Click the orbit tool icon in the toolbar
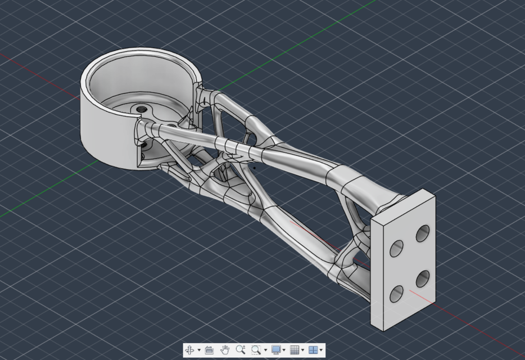click(190, 350)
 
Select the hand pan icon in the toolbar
click(225, 350)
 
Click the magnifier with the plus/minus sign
click(241, 350)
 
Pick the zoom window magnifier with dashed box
click(256, 350)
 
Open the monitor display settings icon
click(276, 350)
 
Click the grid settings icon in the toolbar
click(294, 350)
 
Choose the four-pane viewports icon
click(313, 350)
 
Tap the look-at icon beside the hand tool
click(209, 350)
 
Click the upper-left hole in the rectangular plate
click(397, 248)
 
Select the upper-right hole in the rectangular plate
click(423, 233)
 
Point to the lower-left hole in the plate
click(397, 293)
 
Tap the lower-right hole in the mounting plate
click(423, 278)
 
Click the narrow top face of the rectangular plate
click(402, 205)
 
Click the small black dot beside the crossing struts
click(254, 166)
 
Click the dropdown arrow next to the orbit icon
click(199, 350)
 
